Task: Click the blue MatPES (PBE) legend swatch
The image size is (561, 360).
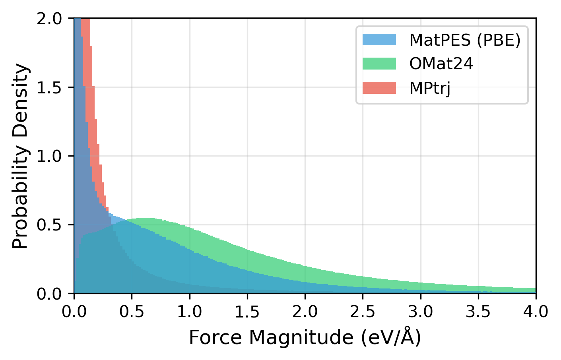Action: click(379, 40)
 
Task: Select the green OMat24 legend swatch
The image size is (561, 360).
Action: click(379, 64)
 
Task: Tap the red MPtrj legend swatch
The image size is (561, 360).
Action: click(379, 87)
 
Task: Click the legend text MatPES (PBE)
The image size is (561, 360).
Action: click(465, 40)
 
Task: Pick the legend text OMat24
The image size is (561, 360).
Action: click(441, 64)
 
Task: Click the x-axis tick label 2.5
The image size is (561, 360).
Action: click(363, 312)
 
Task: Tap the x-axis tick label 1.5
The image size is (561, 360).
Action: click(247, 312)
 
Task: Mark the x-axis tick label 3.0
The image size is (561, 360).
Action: click(421, 312)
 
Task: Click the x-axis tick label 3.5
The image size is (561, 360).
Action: click(478, 312)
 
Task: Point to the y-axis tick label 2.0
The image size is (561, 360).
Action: click(49, 19)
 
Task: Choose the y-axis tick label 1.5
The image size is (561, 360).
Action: click(49, 87)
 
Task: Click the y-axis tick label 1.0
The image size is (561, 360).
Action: click(49, 156)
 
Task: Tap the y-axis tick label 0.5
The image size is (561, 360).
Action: click(49, 225)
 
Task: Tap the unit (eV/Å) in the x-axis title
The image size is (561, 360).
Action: click(391, 338)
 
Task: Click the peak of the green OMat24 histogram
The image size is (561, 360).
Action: click(146, 219)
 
